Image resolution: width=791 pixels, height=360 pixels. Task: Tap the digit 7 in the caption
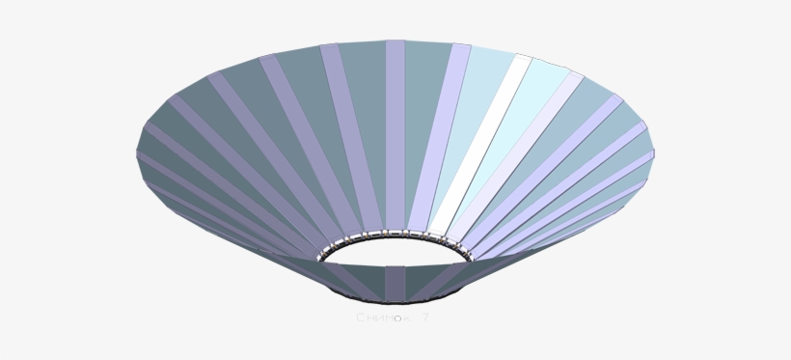[425, 317]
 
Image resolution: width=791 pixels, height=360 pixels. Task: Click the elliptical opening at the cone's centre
[395, 256]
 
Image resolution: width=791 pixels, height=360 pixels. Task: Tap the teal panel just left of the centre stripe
[367, 135]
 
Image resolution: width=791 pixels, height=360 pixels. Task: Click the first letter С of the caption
[360, 317]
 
